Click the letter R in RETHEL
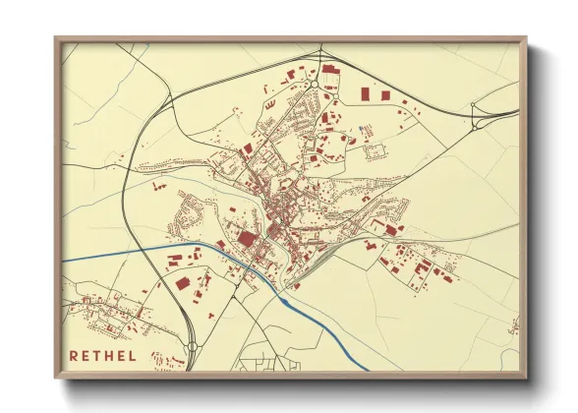pyautogui.click(x=75, y=355)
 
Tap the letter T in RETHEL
pyautogui.click(x=103, y=355)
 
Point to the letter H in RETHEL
pyautogui.click(x=117, y=355)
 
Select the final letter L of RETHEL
pyautogui.click(x=145, y=355)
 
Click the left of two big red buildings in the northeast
pyautogui.click(x=365, y=93)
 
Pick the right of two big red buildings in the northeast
pyautogui.click(x=385, y=94)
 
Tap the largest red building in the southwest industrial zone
pyautogui.click(x=183, y=282)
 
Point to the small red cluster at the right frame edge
pyautogui.click(x=512, y=326)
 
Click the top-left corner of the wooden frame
pyautogui.click(x=56, y=37)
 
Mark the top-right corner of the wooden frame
pyautogui.click(x=526, y=37)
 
